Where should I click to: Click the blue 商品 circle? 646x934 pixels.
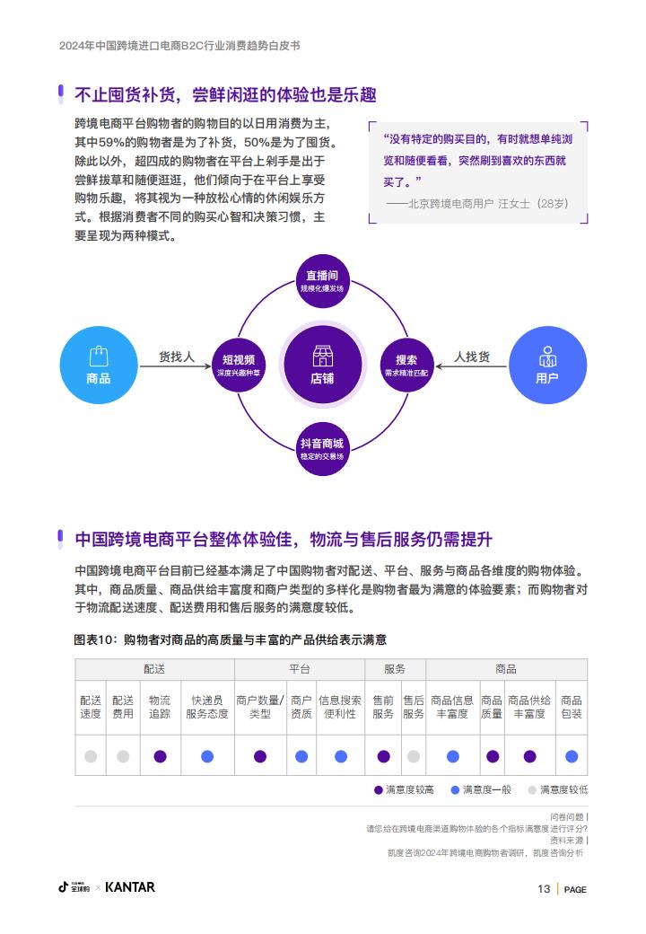[x=98, y=366]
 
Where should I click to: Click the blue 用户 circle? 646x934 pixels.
[x=548, y=366]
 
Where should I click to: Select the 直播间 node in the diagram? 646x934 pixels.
[x=322, y=280]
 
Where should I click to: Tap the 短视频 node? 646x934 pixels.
[x=239, y=366]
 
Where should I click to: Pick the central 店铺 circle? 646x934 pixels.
[x=322, y=366]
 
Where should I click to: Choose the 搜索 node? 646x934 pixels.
[x=406, y=366]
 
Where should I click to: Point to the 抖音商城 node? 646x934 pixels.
[x=322, y=449]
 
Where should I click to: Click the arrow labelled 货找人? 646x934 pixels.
[x=176, y=366]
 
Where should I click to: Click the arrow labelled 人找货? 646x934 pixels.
[x=470, y=366]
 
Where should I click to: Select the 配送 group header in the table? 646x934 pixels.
[x=154, y=669]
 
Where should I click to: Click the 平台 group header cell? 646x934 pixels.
[x=300, y=669]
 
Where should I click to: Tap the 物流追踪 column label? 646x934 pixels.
[x=160, y=707]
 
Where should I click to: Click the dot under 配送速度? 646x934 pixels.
[x=91, y=756]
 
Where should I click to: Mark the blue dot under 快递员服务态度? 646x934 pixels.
[x=207, y=756]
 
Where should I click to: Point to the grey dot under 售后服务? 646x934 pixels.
[x=414, y=756]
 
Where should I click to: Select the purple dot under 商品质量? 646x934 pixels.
[x=493, y=756]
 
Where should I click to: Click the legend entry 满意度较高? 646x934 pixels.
[x=404, y=789]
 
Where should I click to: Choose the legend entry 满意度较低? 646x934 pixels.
[x=558, y=789]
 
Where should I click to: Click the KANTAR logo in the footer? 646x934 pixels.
[x=130, y=887]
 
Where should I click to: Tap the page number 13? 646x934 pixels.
[x=544, y=889]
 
